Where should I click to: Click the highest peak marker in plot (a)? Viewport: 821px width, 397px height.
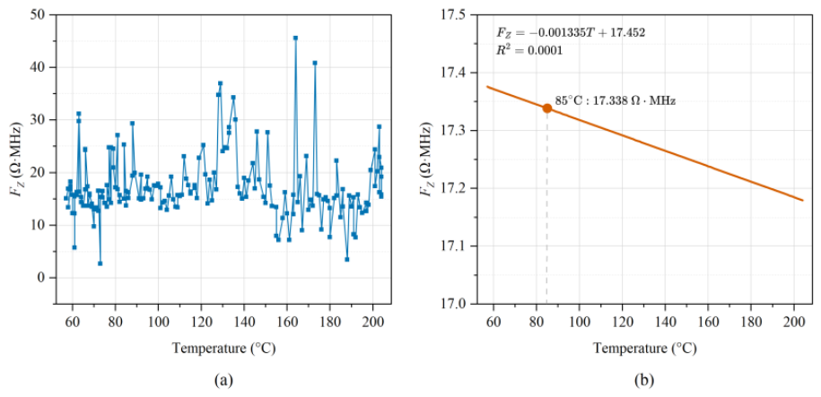[x=295, y=39]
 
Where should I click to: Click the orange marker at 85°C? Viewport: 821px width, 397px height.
[x=547, y=108]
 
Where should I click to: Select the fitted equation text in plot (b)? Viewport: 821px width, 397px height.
[x=571, y=32]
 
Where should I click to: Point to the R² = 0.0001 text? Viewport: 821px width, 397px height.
[x=530, y=50]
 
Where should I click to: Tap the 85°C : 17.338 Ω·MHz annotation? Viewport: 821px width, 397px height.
[x=616, y=101]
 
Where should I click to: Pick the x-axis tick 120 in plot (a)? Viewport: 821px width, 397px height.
[x=201, y=320]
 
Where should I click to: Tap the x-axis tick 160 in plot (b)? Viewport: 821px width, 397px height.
[x=708, y=320]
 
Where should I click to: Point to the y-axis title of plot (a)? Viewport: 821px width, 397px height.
[x=15, y=159]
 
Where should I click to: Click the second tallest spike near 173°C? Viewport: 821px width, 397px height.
[x=315, y=63]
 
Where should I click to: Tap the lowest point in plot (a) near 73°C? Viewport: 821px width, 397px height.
[x=100, y=263]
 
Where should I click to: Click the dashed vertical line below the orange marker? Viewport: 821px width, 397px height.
[x=547, y=208]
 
